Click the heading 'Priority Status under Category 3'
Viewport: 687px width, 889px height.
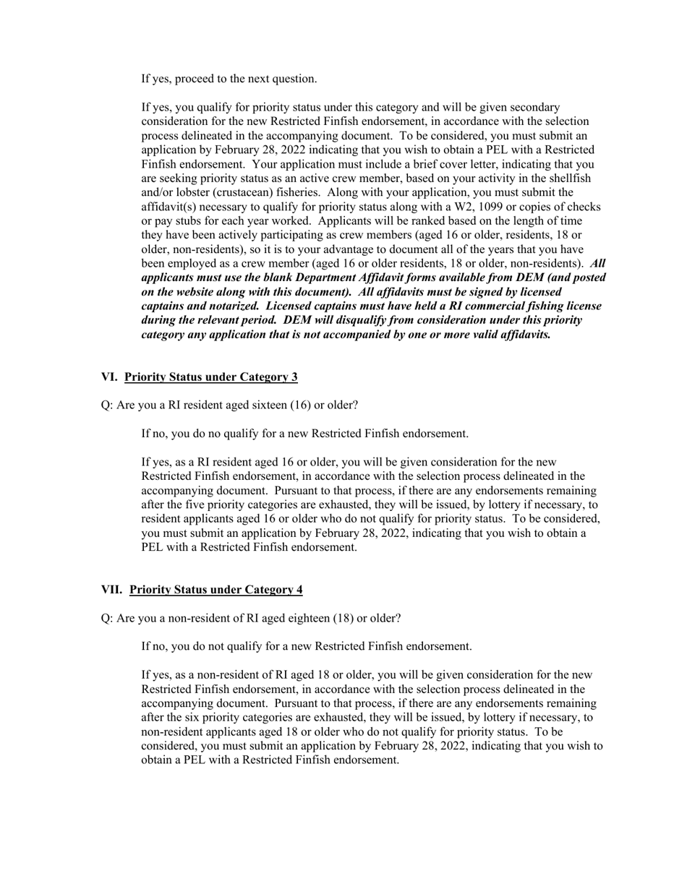click(210, 377)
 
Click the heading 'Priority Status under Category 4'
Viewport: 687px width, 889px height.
click(216, 590)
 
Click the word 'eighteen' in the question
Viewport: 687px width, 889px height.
click(308, 619)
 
